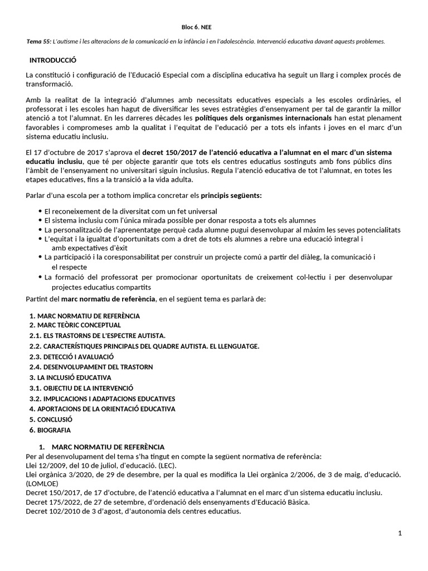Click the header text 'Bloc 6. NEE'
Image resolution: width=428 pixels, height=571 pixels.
(197, 27)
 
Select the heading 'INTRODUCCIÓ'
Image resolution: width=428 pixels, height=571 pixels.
(52, 60)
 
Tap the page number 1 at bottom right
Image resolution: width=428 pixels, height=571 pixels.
(400, 534)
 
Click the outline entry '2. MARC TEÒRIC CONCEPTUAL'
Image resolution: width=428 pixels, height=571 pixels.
(75, 325)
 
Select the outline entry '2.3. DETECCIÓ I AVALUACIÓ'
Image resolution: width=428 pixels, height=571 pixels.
(71, 356)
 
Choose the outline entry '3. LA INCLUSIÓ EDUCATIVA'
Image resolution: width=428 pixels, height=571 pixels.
(70, 378)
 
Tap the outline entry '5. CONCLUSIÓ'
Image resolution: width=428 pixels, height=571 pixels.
(51, 419)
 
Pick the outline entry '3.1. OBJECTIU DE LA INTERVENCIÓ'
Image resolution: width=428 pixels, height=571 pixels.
(81, 388)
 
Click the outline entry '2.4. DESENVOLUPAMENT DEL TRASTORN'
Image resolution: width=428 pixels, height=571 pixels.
(91, 367)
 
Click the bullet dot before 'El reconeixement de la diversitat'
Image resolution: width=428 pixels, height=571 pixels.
(40, 211)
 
